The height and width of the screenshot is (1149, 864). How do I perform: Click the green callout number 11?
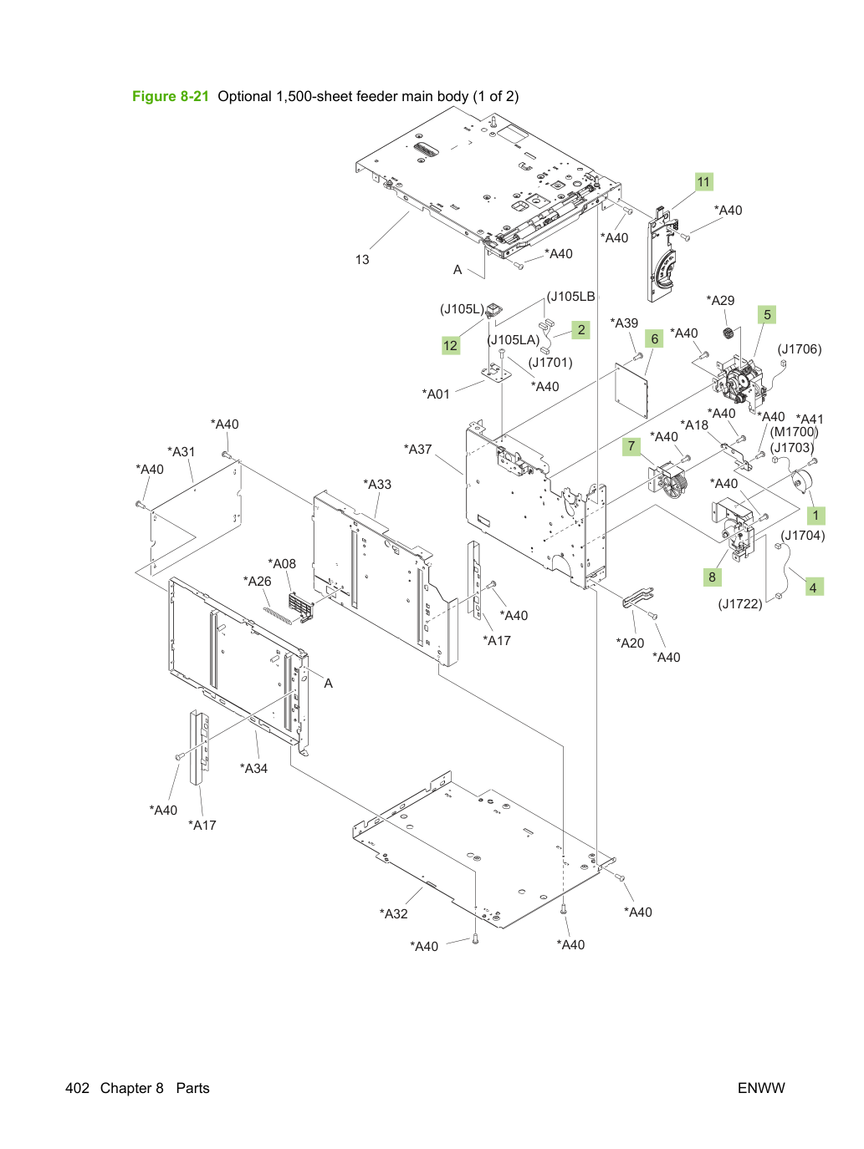point(703,181)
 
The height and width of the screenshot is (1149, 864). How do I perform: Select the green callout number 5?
point(767,314)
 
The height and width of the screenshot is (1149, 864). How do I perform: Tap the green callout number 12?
point(450,345)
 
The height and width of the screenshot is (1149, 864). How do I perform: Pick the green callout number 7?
point(631,446)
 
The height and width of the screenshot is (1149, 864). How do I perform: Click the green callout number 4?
point(813,587)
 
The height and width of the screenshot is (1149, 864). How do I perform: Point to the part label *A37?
point(417,449)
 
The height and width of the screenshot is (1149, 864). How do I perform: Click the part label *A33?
point(377,484)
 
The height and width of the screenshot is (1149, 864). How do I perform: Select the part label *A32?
point(393,913)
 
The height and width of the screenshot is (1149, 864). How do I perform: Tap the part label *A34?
point(253,768)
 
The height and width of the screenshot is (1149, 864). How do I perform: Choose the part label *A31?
point(181,451)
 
